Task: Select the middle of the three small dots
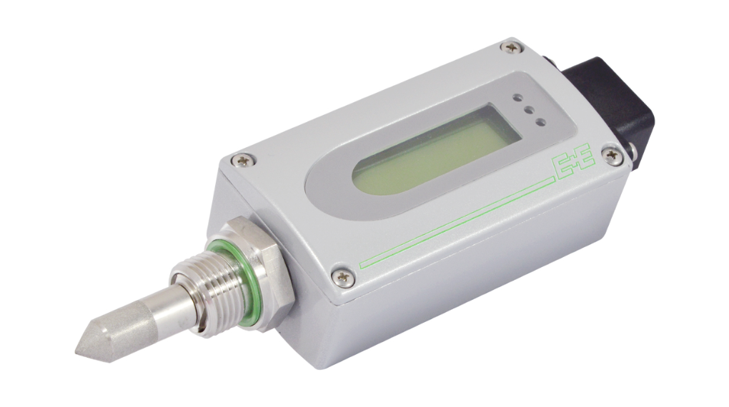527,110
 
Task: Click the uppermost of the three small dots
517,98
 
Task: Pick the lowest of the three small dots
540,123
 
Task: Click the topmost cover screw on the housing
511,47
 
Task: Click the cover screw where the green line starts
344,277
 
